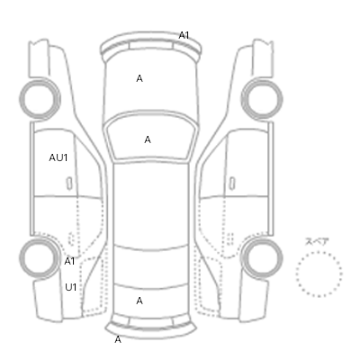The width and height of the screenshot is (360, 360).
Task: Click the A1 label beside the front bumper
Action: point(184,35)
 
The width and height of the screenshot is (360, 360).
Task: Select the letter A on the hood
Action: point(139,78)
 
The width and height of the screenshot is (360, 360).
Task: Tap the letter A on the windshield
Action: point(148,139)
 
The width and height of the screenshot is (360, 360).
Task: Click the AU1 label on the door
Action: point(58,157)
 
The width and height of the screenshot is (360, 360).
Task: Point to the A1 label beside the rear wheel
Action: point(69,262)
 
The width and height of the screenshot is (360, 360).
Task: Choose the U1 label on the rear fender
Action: point(71,287)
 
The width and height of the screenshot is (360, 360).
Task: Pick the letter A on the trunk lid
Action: point(139,301)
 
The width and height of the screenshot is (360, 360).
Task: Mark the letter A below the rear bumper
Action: point(118,339)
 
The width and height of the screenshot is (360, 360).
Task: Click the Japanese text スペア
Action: point(317,241)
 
